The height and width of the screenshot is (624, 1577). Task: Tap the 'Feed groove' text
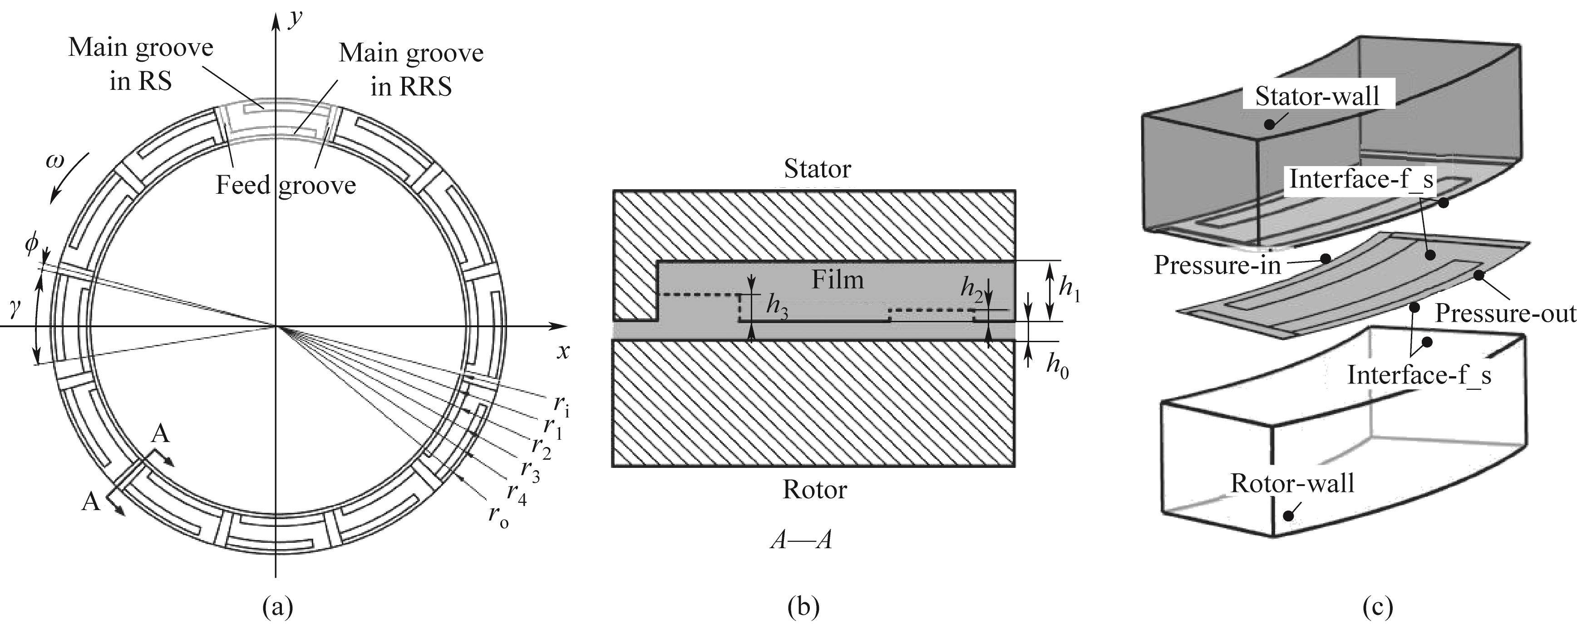(x=285, y=184)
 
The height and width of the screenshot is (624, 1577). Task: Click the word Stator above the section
(x=817, y=168)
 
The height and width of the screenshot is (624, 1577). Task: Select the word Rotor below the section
(x=814, y=489)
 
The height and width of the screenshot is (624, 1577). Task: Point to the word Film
(x=838, y=280)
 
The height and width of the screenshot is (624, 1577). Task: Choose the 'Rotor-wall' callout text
(x=1292, y=483)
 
